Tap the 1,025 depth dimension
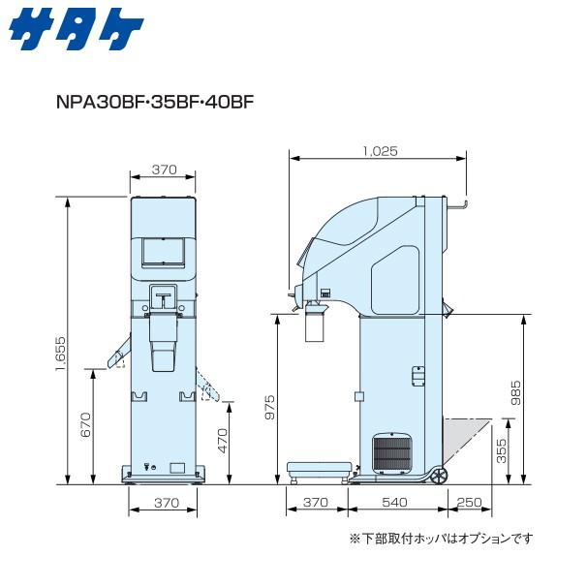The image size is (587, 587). (379, 151)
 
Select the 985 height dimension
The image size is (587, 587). (516, 391)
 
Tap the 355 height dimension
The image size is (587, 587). (501, 450)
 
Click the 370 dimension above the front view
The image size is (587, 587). (164, 170)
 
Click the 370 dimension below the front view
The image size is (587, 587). (164, 502)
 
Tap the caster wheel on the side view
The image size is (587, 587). (440, 476)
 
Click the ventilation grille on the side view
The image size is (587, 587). (392, 452)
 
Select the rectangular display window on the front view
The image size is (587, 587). (158, 251)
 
